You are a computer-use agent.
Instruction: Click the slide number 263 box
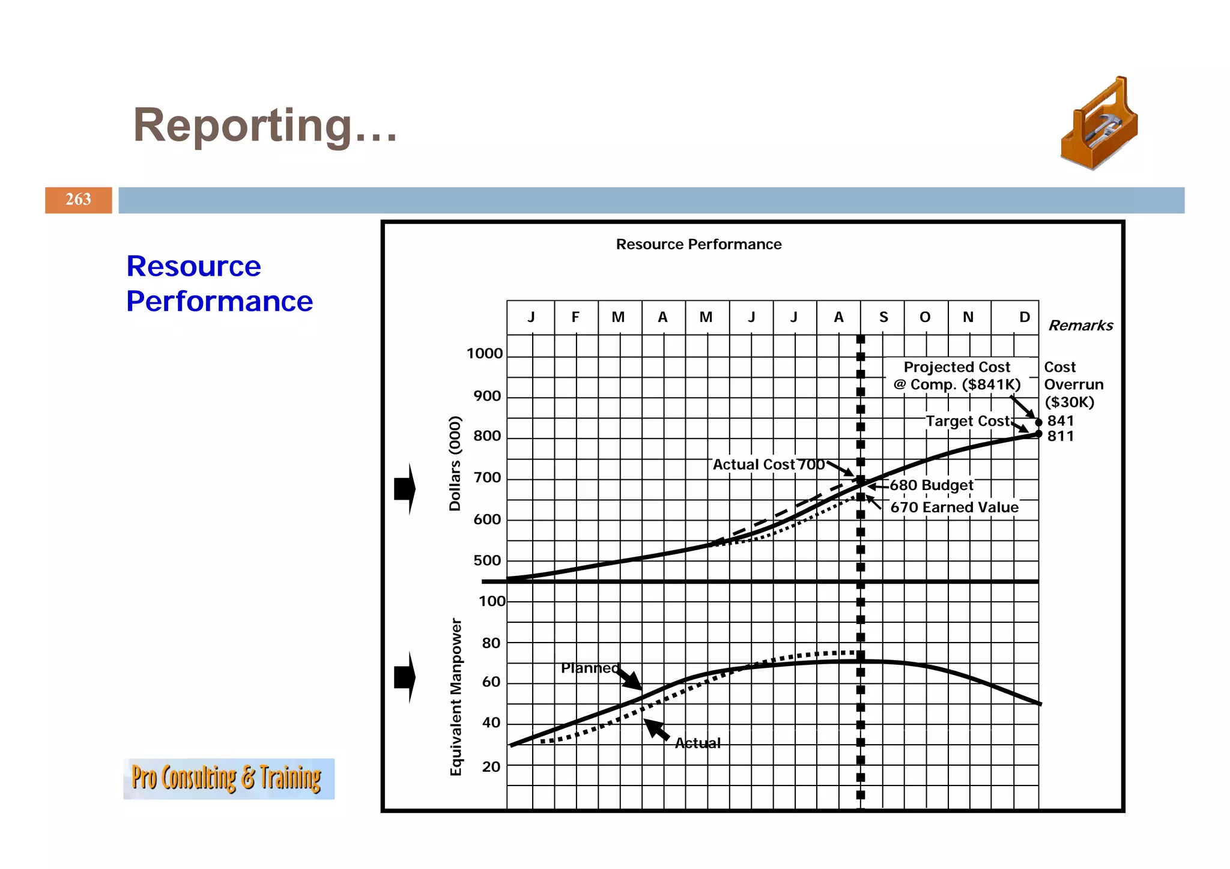click(x=78, y=199)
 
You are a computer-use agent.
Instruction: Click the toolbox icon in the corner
click(x=1099, y=124)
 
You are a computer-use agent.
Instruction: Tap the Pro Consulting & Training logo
click(x=228, y=778)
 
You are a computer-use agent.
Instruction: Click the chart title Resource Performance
click(x=698, y=244)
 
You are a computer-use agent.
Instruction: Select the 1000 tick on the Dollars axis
click(x=484, y=354)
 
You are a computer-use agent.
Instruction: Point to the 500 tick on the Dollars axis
click(x=486, y=560)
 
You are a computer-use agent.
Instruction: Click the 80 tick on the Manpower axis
click(x=491, y=643)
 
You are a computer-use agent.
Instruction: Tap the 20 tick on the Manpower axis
click(x=491, y=767)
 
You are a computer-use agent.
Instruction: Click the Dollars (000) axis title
click(x=455, y=463)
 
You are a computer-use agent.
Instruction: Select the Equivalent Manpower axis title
click(x=456, y=697)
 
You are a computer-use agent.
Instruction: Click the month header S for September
click(x=883, y=317)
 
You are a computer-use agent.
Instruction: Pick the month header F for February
click(x=575, y=317)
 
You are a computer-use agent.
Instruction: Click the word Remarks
click(x=1080, y=325)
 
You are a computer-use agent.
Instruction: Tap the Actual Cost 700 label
click(x=768, y=464)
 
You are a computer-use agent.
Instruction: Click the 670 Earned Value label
click(x=954, y=507)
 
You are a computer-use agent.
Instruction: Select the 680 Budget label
click(x=931, y=485)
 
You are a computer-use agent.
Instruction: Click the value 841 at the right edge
click(x=1060, y=421)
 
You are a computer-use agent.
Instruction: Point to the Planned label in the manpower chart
click(x=589, y=668)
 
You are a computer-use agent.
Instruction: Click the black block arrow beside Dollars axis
click(x=405, y=489)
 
